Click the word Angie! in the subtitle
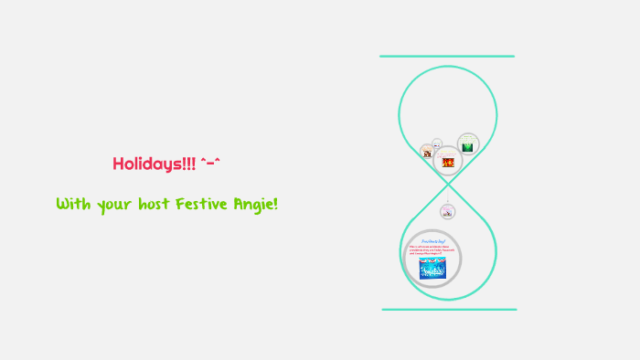pos(257,204)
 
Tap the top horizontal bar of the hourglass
pos(447,57)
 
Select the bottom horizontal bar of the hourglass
pos(448,310)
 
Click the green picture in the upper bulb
pos(468,146)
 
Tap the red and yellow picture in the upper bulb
pos(448,162)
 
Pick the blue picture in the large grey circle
pos(432,268)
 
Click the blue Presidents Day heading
pos(432,240)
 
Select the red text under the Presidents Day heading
pos(432,249)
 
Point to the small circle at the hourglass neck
pos(447,212)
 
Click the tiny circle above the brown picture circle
pos(437,143)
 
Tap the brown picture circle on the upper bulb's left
pos(427,153)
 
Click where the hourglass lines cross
pos(447,187)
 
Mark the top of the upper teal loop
pos(448,67)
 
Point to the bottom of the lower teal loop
pos(448,299)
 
